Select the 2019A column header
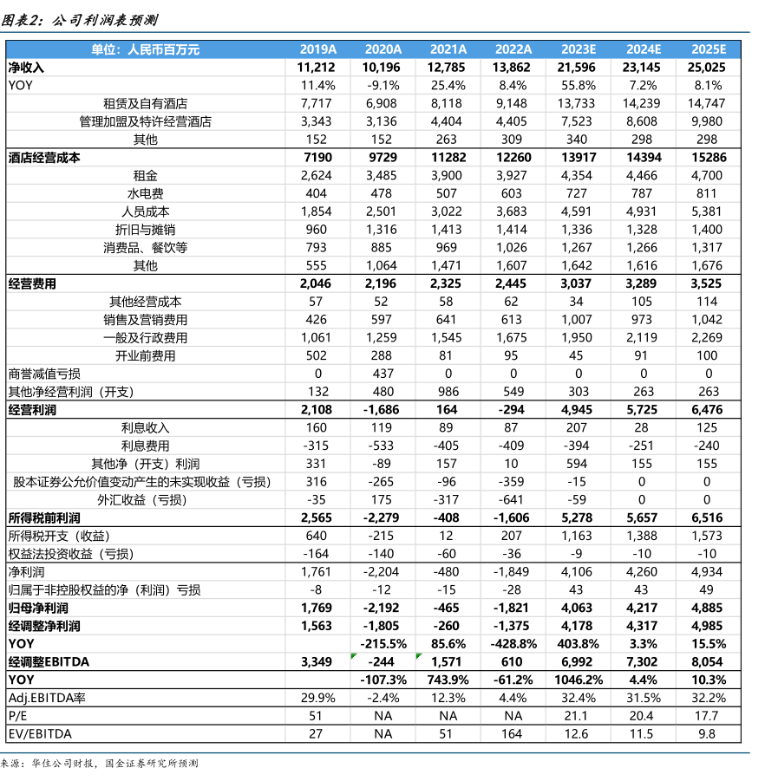tap(317, 49)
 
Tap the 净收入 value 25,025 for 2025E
tap(708, 67)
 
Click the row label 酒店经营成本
tap(44, 158)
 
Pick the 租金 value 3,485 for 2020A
tap(382, 175)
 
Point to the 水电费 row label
tap(145, 193)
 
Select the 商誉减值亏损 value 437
tap(382, 374)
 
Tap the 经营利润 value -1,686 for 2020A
tap(382, 409)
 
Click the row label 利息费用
tap(145, 446)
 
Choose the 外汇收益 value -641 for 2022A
tap(513, 499)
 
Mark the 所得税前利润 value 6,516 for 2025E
tap(708, 517)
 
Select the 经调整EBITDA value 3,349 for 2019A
tap(316, 661)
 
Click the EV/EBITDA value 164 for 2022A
tap(513, 733)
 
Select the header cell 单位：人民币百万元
tap(145, 49)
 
